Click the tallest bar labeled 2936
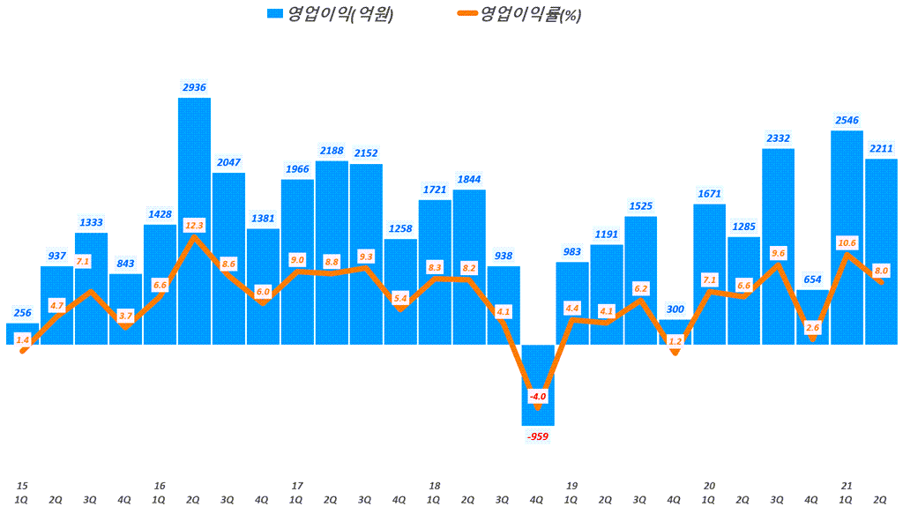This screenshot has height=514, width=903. tap(194, 176)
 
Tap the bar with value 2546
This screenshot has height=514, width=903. tap(847, 203)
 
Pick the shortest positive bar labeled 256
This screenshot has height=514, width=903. tap(22, 334)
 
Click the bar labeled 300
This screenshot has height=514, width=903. tap(675, 331)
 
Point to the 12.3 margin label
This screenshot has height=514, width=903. tap(194, 225)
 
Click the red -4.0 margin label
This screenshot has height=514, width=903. tap(538, 397)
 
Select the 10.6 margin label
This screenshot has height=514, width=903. tap(847, 243)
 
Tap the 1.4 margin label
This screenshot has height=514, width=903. tap(23, 339)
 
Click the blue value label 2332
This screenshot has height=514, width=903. tap(778, 138)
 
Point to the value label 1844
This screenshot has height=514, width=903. tap(468, 179)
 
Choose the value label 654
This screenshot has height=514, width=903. tap(812, 279)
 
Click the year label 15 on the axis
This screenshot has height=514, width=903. tap(22, 486)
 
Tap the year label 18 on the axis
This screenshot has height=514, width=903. tap(434, 486)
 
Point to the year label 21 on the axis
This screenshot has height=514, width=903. tap(847, 486)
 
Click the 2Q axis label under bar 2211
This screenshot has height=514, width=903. tap(881, 499)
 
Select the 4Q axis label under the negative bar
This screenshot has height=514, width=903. tap(537, 499)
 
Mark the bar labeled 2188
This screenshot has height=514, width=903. tap(332, 251)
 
